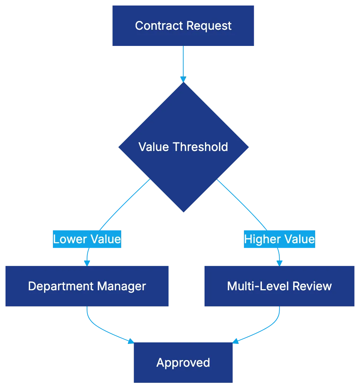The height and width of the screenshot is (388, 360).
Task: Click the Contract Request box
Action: click(183, 25)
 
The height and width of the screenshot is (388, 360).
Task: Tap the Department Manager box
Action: click(87, 286)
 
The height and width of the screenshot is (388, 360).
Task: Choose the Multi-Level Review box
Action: click(279, 286)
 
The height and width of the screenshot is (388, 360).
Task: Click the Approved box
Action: click(183, 363)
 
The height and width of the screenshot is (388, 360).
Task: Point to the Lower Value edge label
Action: click(87, 239)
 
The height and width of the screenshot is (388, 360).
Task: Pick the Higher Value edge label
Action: click(279, 239)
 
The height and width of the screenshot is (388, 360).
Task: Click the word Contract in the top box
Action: click(159, 26)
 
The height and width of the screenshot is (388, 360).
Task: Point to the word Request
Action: click(209, 26)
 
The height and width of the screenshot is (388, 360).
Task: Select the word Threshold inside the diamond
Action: click(200, 147)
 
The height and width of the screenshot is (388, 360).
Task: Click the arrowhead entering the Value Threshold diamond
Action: click(183, 79)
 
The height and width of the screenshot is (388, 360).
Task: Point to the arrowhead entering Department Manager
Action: click(87, 262)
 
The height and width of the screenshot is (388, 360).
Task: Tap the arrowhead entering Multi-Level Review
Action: click(279, 262)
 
